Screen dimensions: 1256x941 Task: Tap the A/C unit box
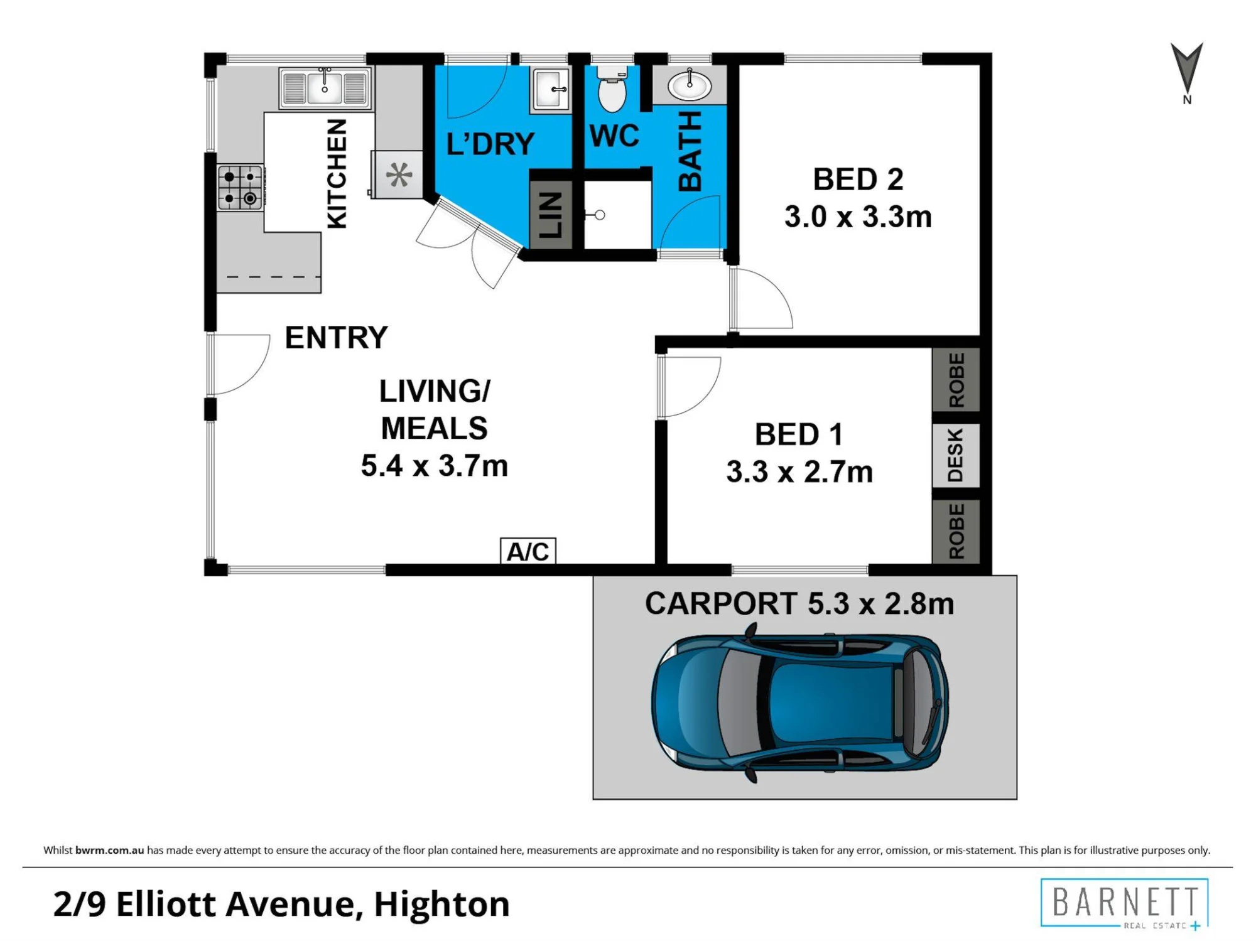(x=528, y=551)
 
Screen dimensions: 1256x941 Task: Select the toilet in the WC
(x=612, y=89)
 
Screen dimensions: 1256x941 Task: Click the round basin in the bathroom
(x=689, y=85)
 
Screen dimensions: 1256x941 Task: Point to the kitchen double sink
(x=325, y=88)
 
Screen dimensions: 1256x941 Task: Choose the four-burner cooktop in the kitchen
(x=240, y=187)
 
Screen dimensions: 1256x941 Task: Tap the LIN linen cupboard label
(x=551, y=215)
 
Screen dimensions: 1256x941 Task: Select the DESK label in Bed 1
(x=955, y=455)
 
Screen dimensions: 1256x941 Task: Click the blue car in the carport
(x=799, y=703)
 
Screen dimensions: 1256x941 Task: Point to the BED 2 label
(x=858, y=180)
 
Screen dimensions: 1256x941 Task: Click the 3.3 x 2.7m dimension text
(x=799, y=471)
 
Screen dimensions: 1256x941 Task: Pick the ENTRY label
(x=336, y=338)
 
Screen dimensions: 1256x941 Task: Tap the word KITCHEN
(x=337, y=174)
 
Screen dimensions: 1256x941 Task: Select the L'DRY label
(x=490, y=144)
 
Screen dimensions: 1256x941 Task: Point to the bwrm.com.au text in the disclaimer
(x=109, y=850)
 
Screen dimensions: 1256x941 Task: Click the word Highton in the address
(x=441, y=905)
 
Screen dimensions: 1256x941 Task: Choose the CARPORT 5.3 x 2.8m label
(x=799, y=604)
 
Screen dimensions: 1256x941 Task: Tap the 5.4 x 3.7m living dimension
(x=434, y=466)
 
